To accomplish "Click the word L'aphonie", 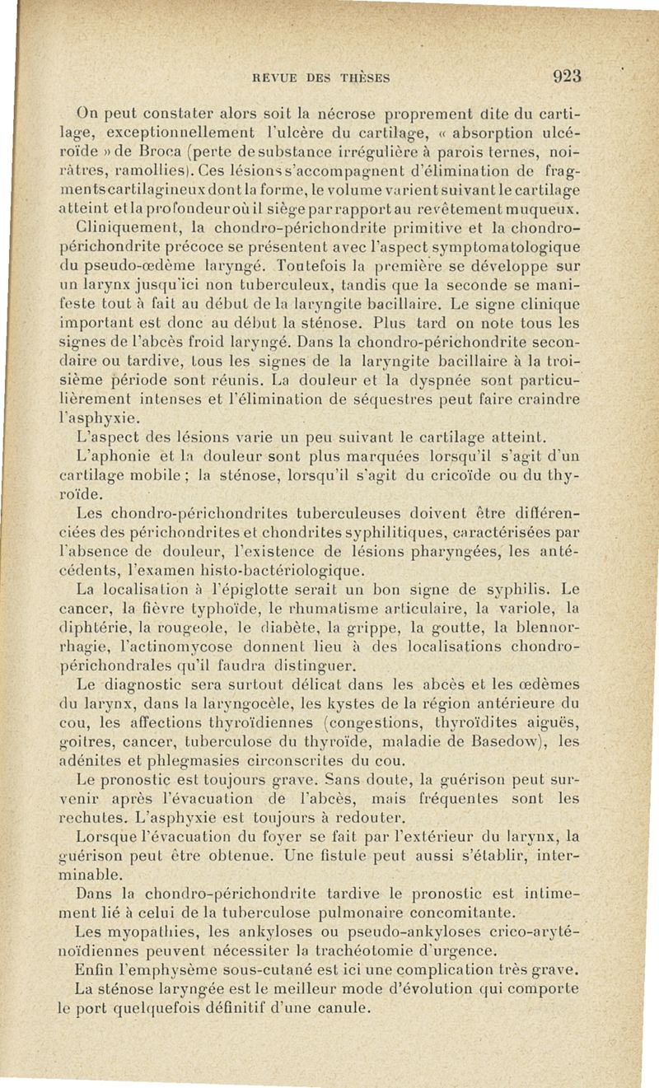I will coord(109,455).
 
